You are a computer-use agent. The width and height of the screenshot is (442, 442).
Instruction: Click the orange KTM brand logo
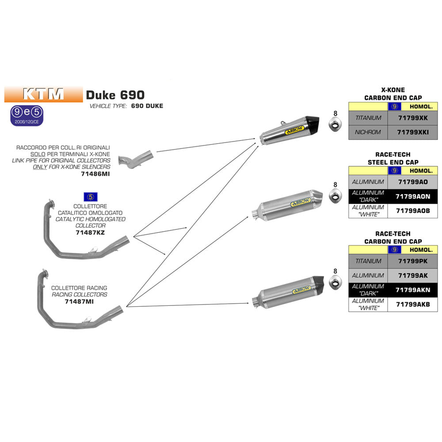pos(43,94)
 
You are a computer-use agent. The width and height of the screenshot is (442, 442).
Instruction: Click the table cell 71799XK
pos(412,118)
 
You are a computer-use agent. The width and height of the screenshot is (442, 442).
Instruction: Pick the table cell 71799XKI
pos(412,132)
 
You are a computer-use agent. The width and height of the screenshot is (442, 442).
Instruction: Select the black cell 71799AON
pos(412,196)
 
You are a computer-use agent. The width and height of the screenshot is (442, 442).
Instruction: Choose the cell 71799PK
pos(412,261)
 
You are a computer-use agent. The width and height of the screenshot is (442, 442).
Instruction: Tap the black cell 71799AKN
pos(412,290)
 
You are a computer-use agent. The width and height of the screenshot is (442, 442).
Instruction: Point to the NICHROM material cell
pos(368,132)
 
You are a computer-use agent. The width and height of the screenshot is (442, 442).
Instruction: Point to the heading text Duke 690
pos(115,95)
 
